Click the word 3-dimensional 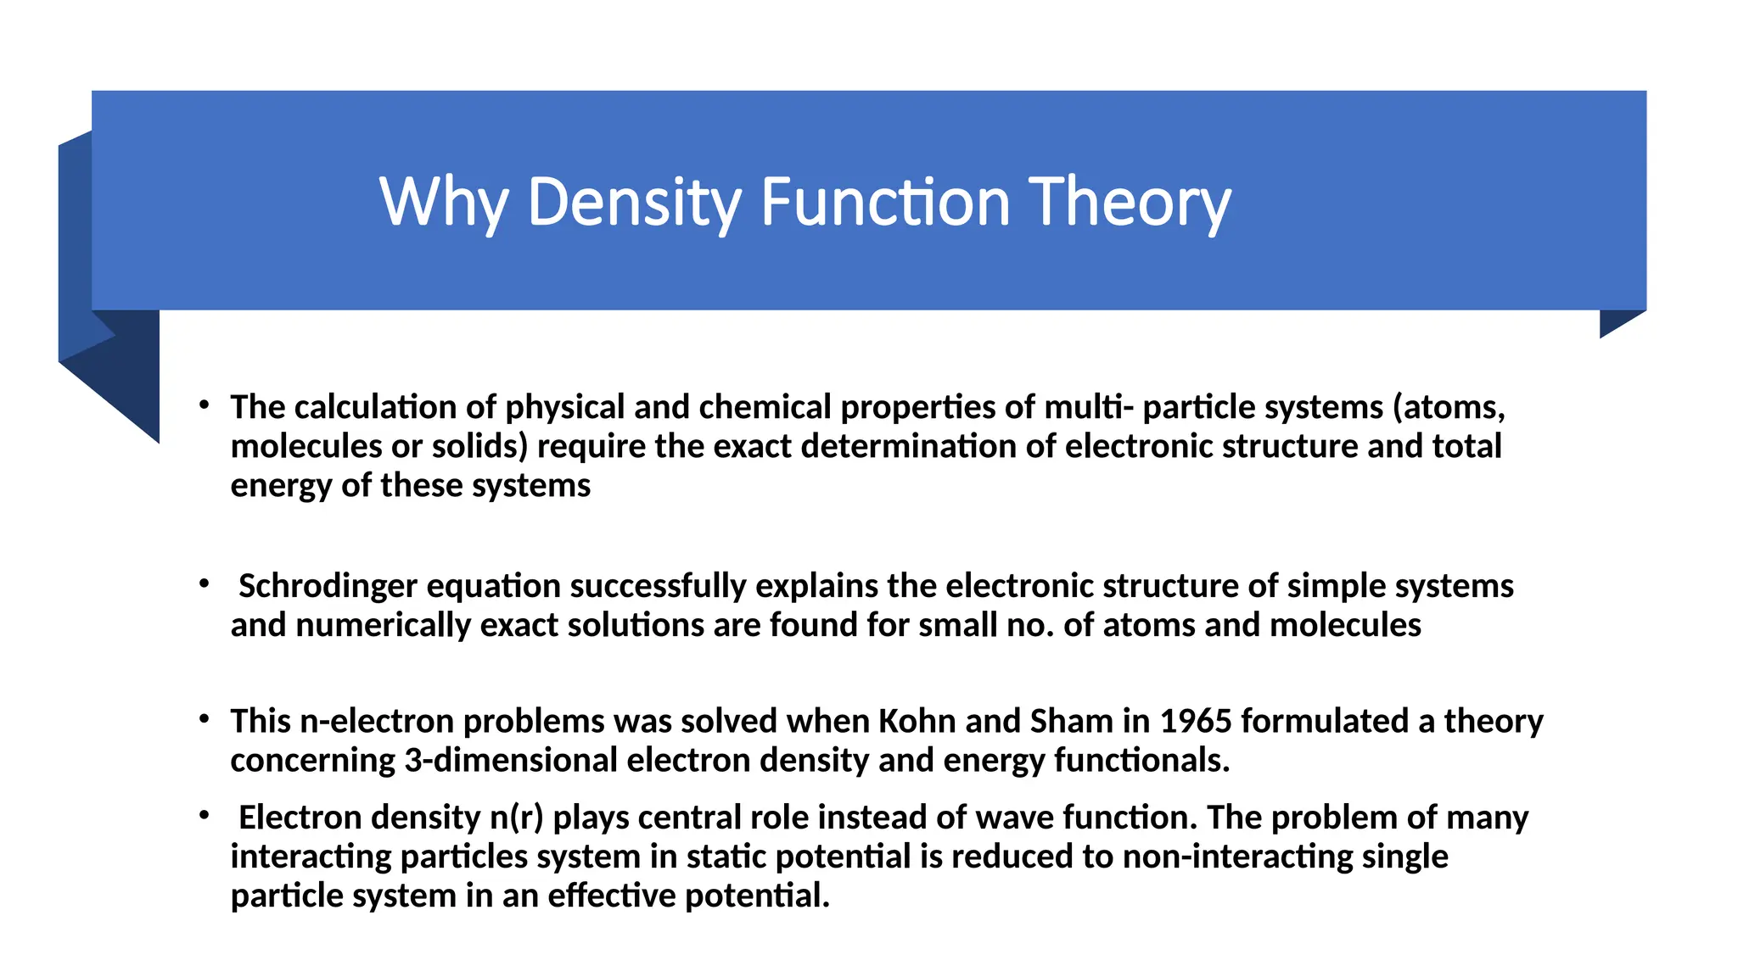(x=511, y=760)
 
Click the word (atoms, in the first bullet (x=1449, y=407)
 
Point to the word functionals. (x=1141, y=760)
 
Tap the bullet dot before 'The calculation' (x=204, y=405)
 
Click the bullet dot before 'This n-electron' (x=204, y=719)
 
